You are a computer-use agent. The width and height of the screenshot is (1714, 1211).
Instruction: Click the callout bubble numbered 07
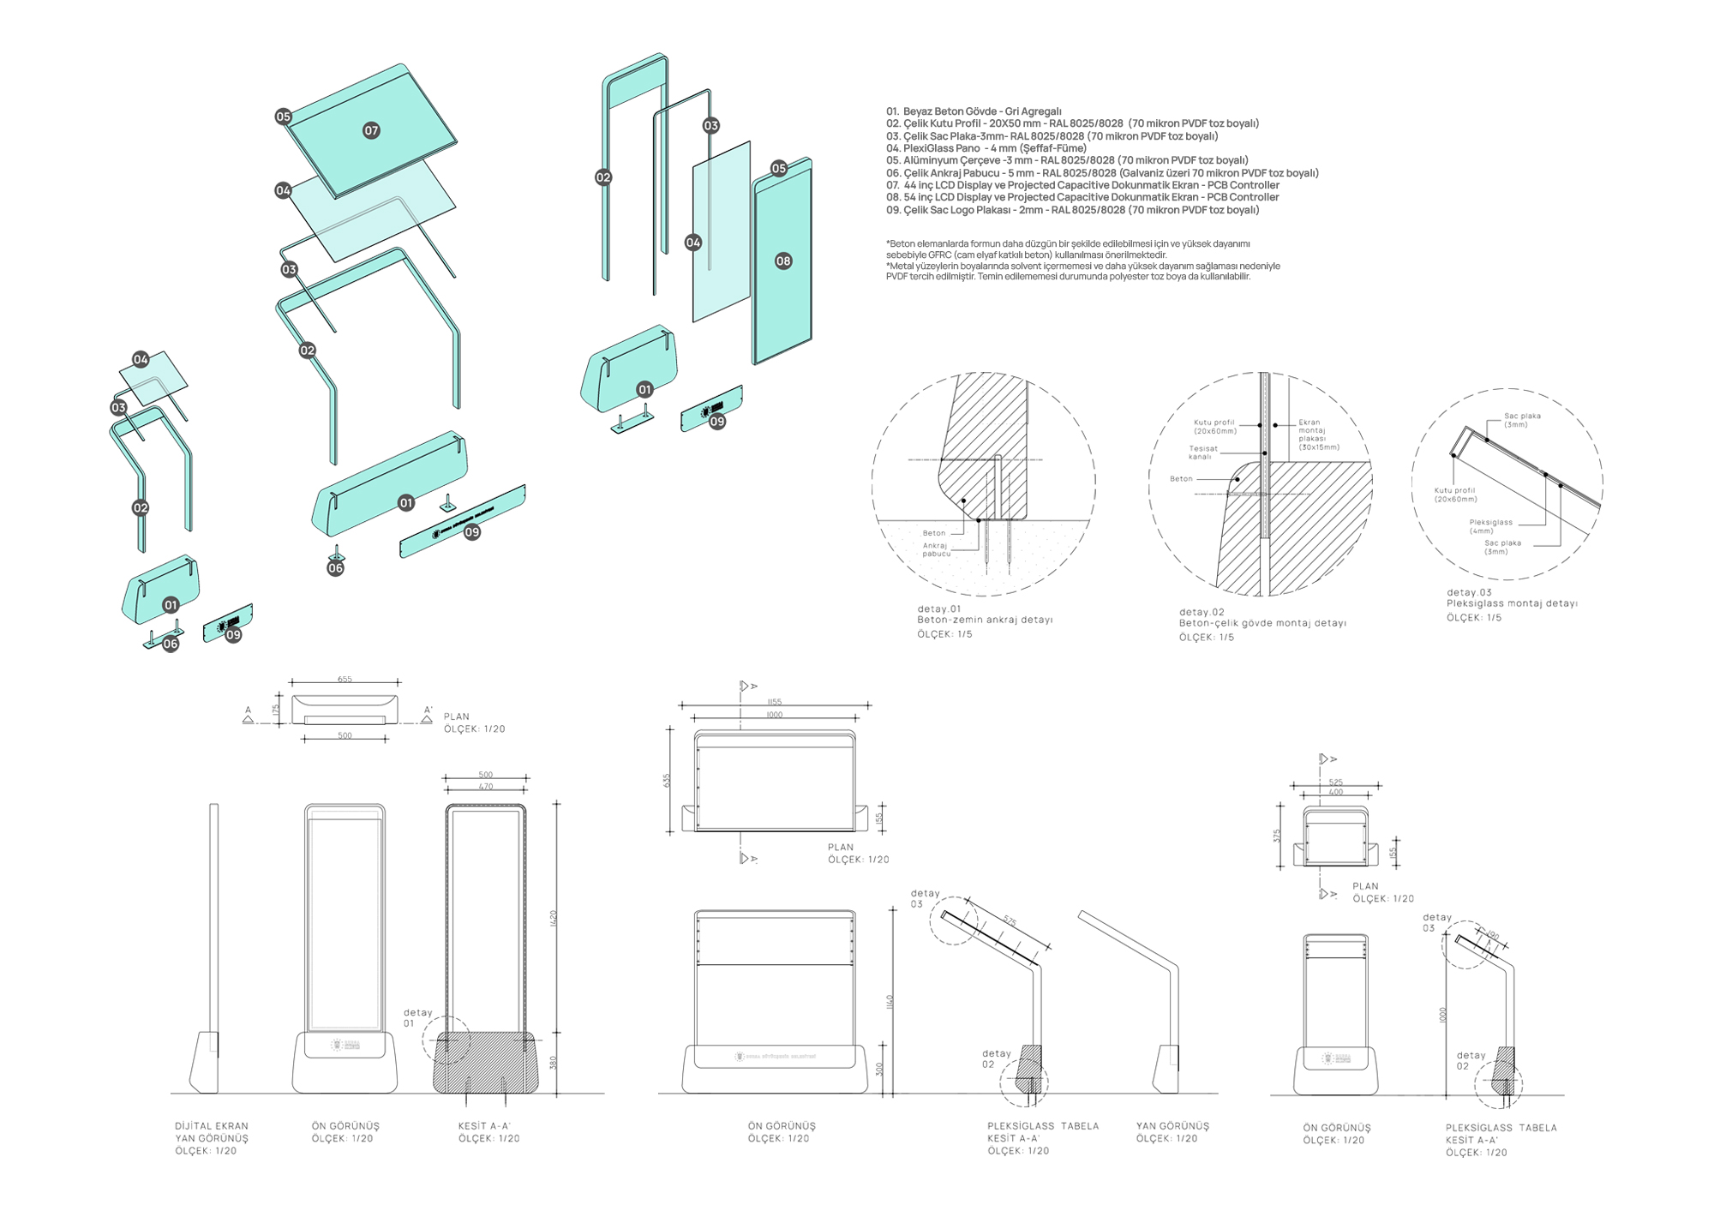click(x=371, y=130)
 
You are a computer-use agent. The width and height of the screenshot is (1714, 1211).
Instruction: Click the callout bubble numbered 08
click(x=783, y=261)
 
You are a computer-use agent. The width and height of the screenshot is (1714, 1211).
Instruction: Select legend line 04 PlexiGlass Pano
click(x=986, y=148)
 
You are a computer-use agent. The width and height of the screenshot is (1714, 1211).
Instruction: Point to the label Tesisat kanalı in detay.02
click(x=1202, y=453)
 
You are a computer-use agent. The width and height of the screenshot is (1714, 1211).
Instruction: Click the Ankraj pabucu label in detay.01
click(x=937, y=549)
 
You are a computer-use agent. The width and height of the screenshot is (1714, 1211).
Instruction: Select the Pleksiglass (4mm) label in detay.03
click(x=1490, y=526)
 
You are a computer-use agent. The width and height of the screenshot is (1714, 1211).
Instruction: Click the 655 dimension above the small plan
click(x=345, y=679)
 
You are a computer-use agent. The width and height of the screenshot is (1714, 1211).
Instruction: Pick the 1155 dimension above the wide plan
click(x=774, y=702)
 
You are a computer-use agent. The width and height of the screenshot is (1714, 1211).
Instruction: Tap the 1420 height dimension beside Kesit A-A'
click(x=553, y=919)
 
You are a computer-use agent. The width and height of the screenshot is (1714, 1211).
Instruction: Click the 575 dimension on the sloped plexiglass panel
click(x=1010, y=922)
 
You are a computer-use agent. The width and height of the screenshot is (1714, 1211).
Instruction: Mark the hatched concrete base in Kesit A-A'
click(x=485, y=1063)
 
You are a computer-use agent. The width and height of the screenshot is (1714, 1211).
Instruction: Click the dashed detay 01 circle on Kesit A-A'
click(x=446, y=1040)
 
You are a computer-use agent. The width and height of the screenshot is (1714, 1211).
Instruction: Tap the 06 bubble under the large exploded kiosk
click(x=335, y=568)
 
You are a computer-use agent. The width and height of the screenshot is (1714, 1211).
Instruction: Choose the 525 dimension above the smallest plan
click(x=1335, y=782)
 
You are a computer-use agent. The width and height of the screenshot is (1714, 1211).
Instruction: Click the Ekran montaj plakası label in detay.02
click(x=1318, y=435)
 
